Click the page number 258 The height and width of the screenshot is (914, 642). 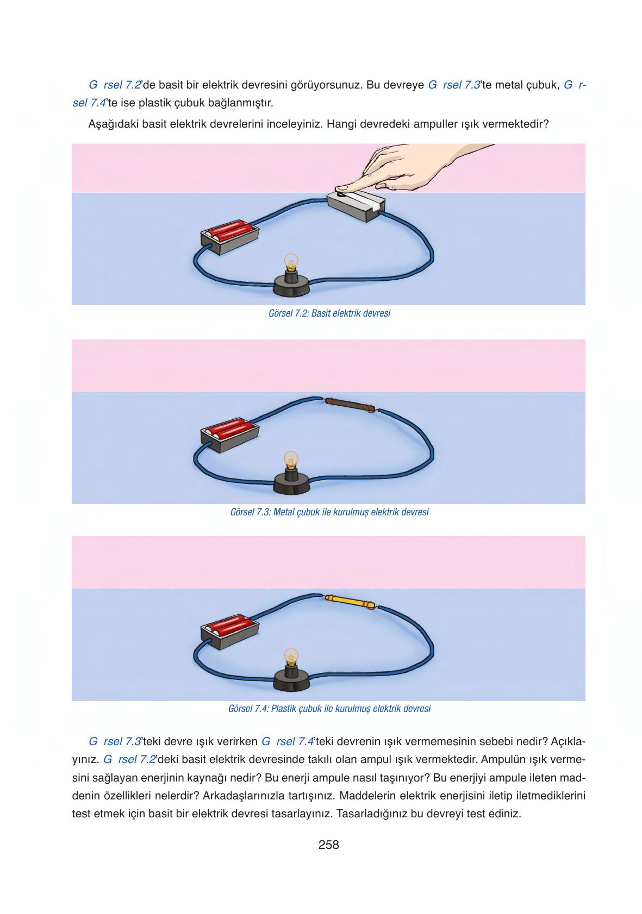(328, 844)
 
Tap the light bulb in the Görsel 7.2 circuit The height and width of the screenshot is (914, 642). (291, 263)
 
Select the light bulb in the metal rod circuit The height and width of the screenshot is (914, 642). (291, 461)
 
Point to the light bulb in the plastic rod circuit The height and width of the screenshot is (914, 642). (291, 657)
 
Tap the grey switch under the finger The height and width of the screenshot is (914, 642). (356, 206)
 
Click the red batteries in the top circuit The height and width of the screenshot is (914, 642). (229, 231)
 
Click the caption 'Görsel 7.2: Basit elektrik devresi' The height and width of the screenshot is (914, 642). (329, 313)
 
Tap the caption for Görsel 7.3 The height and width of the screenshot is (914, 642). (329, 512)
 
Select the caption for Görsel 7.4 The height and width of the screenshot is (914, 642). (329, 709)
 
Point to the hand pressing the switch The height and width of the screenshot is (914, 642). (408, 167)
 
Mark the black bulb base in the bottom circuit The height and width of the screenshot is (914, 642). (291, 678)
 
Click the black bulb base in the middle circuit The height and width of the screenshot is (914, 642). (291, 482)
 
